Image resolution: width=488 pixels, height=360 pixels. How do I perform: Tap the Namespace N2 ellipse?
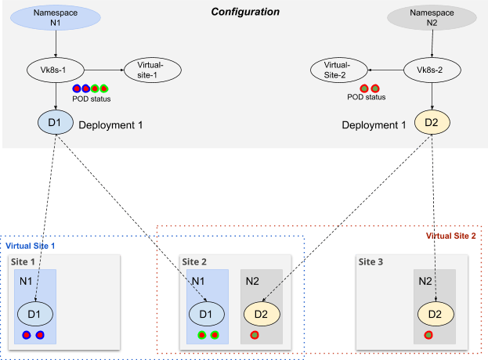(x=432, y=17)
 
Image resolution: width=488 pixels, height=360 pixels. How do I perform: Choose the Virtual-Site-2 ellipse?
(x=337, y=70)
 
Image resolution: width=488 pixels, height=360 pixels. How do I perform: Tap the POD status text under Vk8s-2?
(x=367, y=98)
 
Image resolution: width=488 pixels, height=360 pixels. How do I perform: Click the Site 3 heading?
(x=370, y=261)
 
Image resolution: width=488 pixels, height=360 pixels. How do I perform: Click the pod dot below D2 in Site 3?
(x=428, y=335)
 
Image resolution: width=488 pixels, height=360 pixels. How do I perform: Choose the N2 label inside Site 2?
(x=252, y=281)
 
